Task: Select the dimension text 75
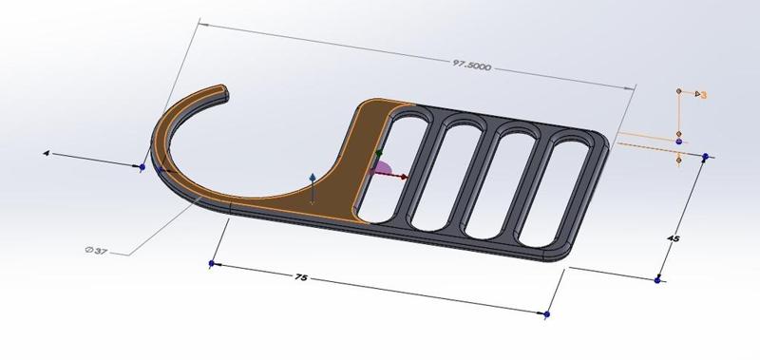pyautogui.click(x=300, y=278)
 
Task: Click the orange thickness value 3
pyautogui.click(x=704, y=95)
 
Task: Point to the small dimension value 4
pyautogui.click(x=46, y=152)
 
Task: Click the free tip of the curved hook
pyautogui.click(x=226, y=91)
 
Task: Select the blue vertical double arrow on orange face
pyautogui.click(x=313, y=187)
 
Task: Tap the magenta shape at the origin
pyautogui.click(x=382, y=171)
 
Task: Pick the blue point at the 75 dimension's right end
pyautogui.click(x=547, y=313)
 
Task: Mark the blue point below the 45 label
pyautogui.click(x=658, y=280)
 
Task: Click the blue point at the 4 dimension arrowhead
pyautogui.click(x=142, y=167)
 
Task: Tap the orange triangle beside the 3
pyautogui.click(x=695, y=93)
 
